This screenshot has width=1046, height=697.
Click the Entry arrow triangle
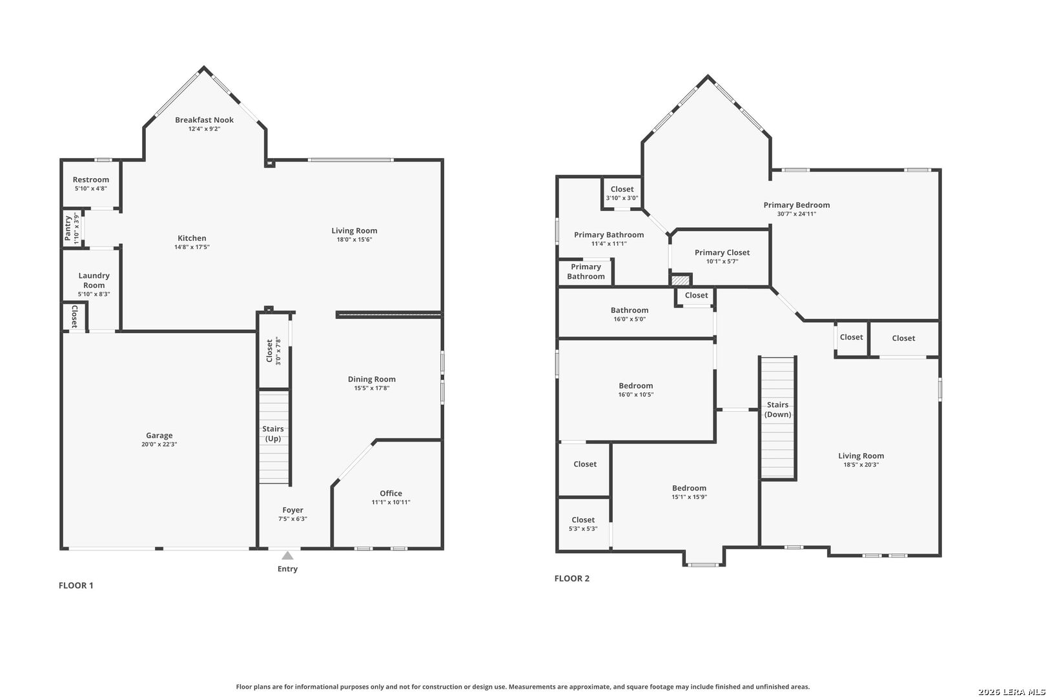point(287,556)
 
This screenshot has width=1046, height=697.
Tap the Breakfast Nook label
point(204,120)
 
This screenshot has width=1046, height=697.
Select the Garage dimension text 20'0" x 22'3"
point(159,445)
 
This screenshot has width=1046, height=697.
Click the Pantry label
point(68,228)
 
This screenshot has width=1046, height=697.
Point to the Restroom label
point(90,180)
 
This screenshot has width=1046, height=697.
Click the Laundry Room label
point(94,280)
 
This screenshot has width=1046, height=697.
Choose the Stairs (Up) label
point(272,433)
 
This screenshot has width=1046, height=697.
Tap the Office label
point(391,493)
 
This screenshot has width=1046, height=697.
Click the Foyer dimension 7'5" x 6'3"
point(292,519)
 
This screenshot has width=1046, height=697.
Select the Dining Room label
point(371,379)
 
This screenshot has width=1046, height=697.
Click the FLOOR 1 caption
point(76,585)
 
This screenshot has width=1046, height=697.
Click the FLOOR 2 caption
point(571,578)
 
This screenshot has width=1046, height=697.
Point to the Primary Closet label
point(722,252)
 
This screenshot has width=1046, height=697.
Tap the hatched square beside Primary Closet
point(680,281)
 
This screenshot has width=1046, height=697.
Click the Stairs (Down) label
point(777,409)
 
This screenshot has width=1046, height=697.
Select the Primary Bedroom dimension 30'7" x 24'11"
point(796,214)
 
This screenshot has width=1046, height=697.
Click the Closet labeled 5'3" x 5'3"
point(582,520)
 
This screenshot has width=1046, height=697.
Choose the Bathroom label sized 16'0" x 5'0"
point(629,310)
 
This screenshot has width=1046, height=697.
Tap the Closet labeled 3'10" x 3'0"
point(622,190)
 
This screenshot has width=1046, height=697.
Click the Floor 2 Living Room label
point(861,456)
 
